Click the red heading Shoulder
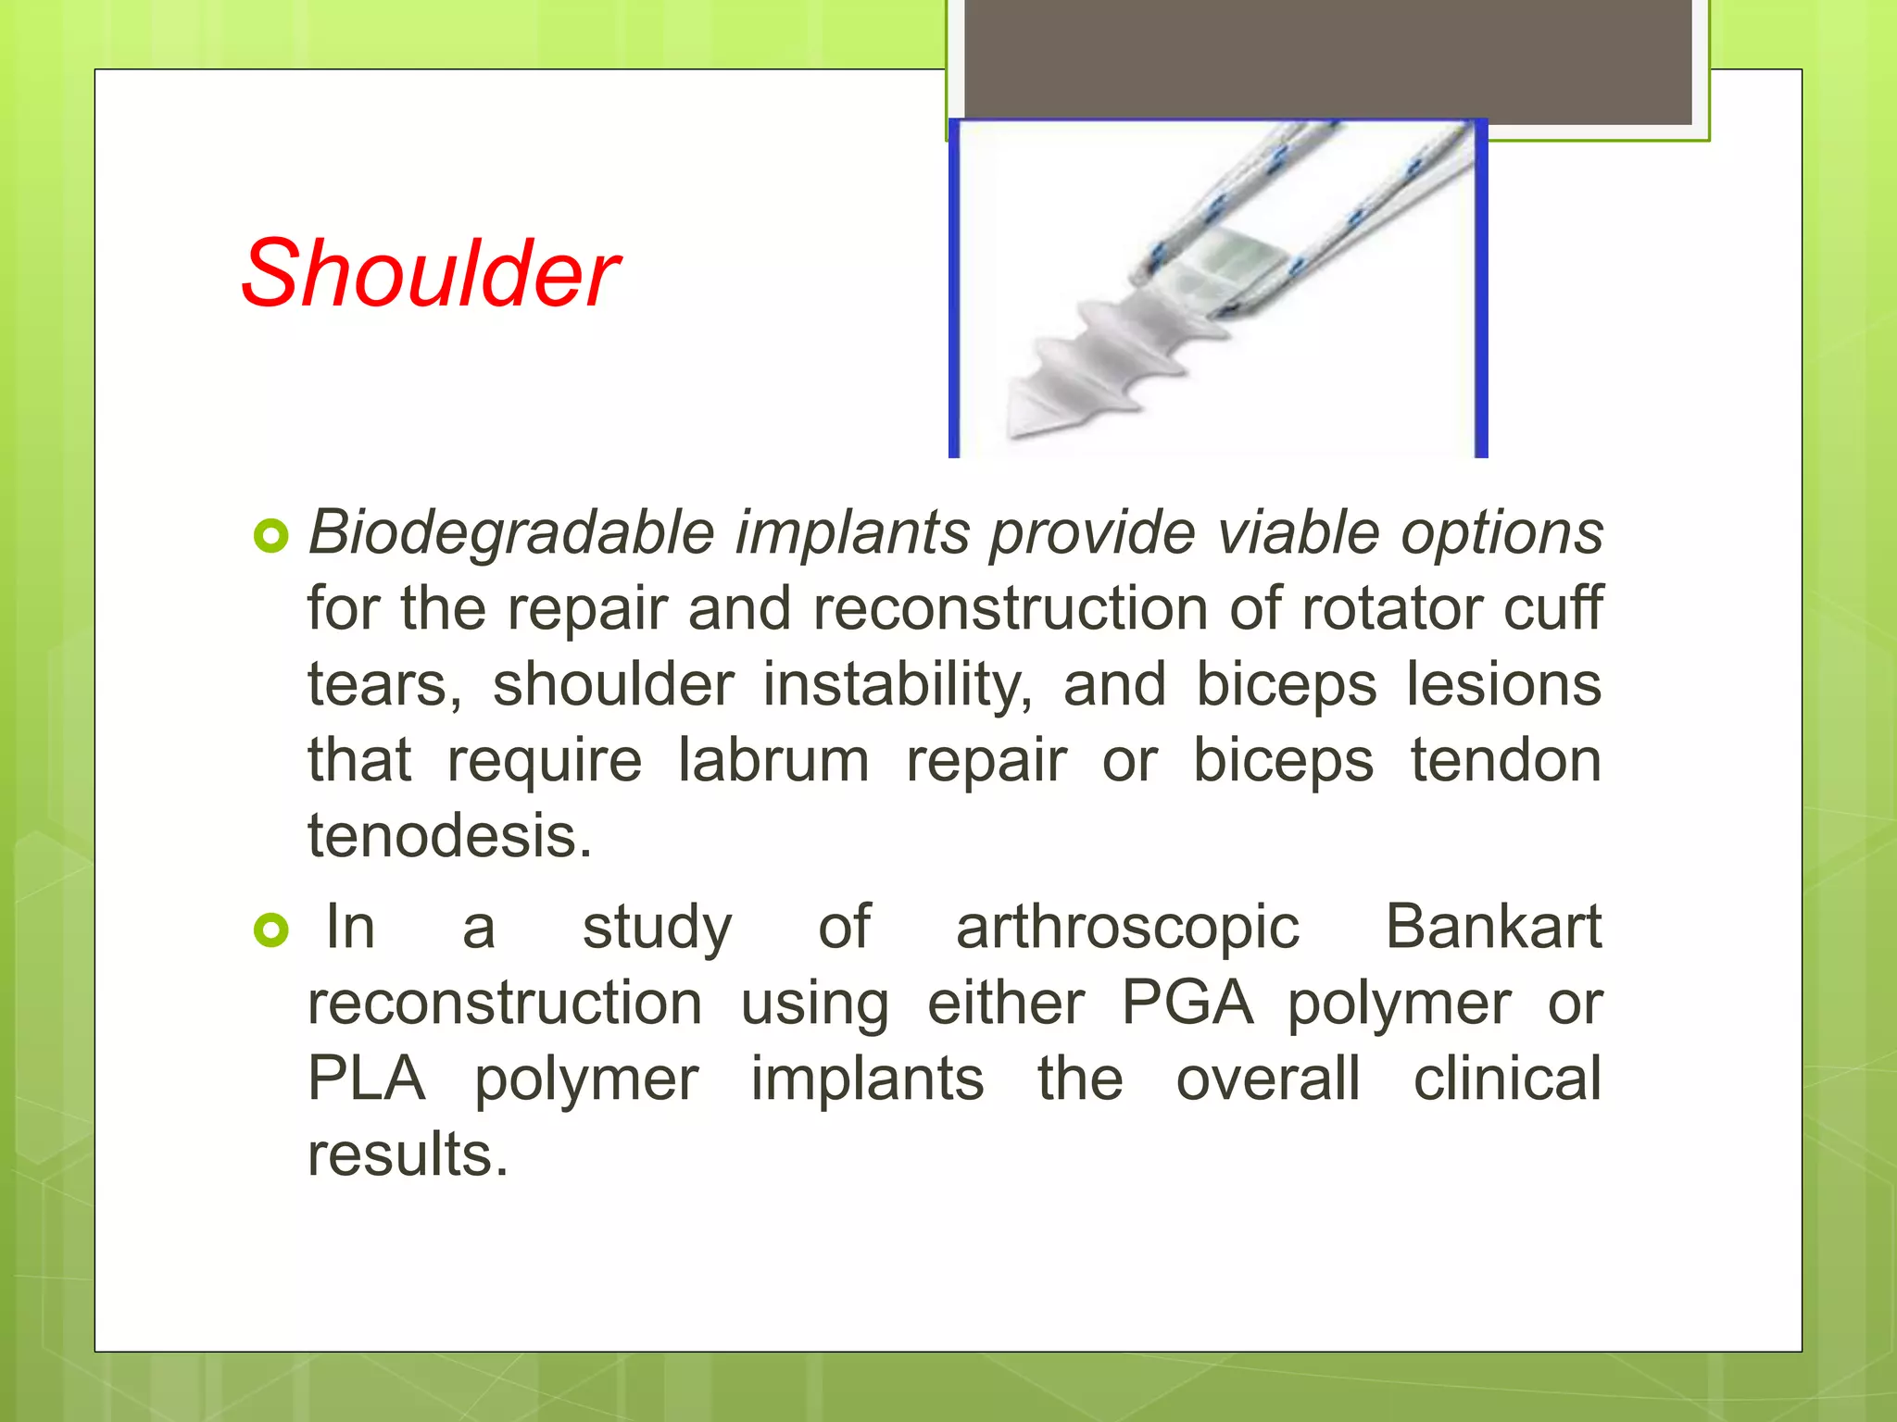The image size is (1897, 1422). tap(430, 274)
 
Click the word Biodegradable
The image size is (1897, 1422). tap(510, 533)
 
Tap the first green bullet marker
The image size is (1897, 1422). tap(270, 536)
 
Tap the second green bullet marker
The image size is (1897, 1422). tap(270, 930)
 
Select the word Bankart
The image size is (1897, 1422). tap(1492, 927)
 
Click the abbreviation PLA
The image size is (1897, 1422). tap(366, 1079)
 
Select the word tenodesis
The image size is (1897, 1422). tap(448, 836)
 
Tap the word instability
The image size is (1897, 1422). tap(897, 685)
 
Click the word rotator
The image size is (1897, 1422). tap(1389, 609)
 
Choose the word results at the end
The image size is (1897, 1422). tap(408, 1154)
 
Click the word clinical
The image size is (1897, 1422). tap(1507, 1079)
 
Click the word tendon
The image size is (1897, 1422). tap(1505, 761)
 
